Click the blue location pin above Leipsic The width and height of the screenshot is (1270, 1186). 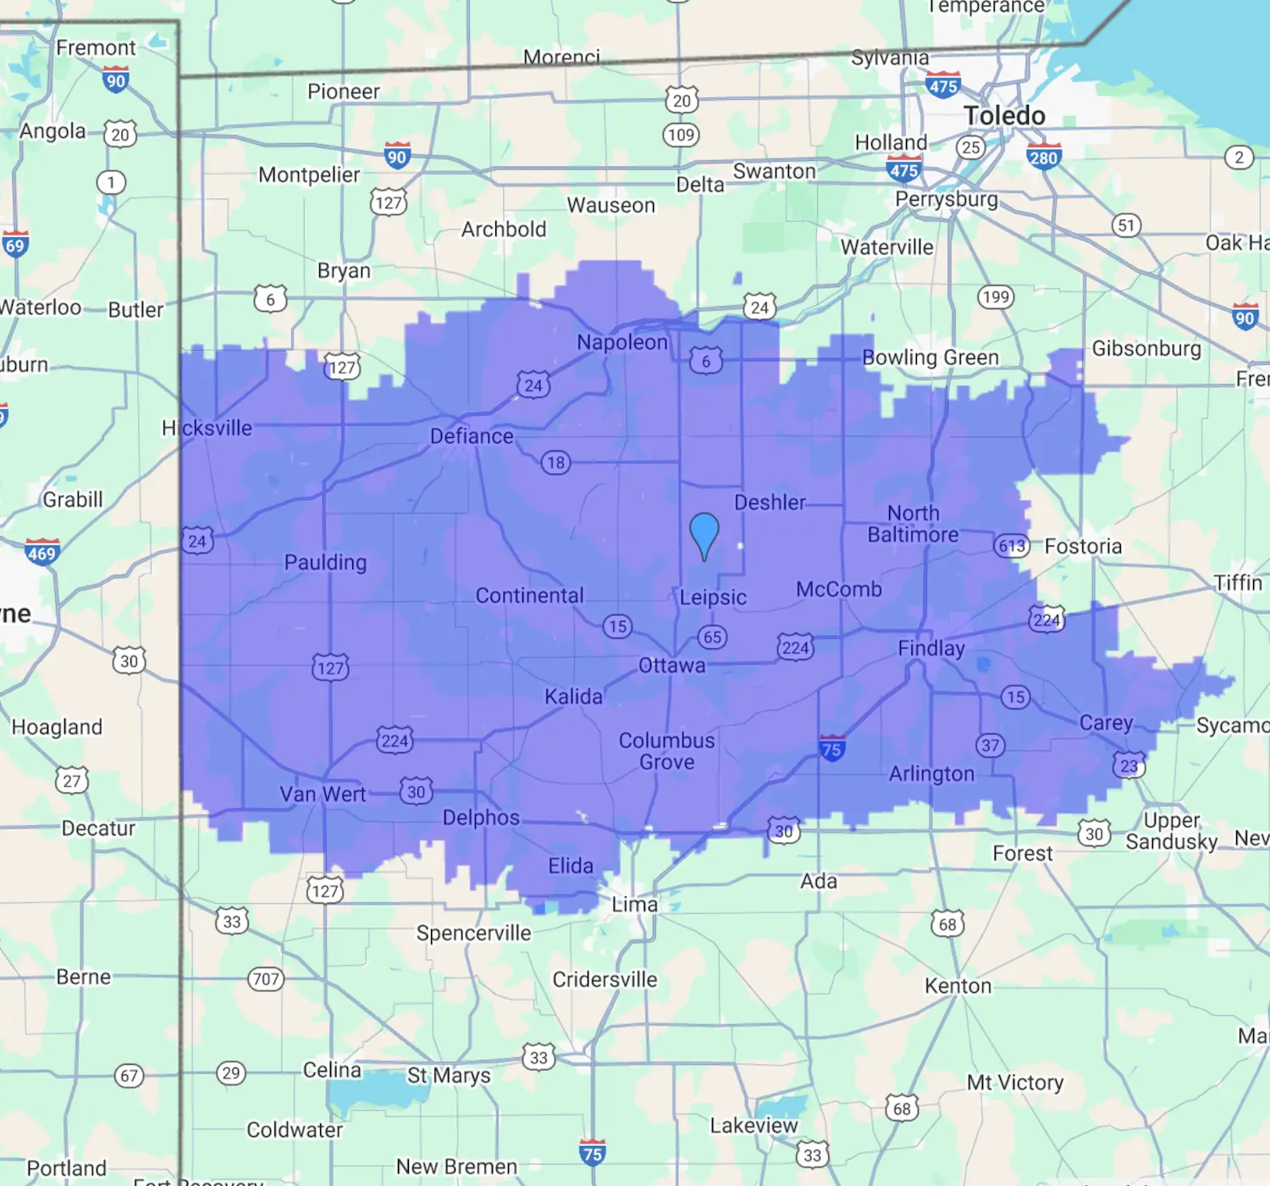click(x=704, y=534)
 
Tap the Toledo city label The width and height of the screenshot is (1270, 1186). click(x=1004, y=115)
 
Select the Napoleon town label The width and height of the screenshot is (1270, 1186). click(x=622, y=342)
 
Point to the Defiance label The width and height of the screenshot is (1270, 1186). click(x=472, y=436)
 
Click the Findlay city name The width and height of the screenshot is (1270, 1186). click(x=931, y=648)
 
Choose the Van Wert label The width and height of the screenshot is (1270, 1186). click(x=323, y=794)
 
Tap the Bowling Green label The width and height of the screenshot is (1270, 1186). click(x=930, y=357)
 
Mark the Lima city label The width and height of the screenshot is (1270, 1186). click(x=635, y=905)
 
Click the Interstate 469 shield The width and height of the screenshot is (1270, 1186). click(x=41, y=552)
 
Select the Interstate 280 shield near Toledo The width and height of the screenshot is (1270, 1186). click(x=1043, y=157)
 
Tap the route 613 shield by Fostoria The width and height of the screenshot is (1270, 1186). click(x=1012, y=546)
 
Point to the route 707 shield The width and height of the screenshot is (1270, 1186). click(x=266, y=979)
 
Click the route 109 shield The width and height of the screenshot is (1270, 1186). click(x=681, y=135)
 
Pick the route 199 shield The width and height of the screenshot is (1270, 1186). click(x=996, y=296)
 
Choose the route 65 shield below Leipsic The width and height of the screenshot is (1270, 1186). click(x=712, y=637)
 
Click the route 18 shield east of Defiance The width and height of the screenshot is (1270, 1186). click(x=555, y=463)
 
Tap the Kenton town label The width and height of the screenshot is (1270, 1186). click(x=958, y=986)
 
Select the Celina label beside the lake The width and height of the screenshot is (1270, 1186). click(x=332, y=1070)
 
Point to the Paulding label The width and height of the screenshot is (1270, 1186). click(x=325, y=563)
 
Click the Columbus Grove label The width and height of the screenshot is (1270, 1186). click(x=667, y=751)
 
